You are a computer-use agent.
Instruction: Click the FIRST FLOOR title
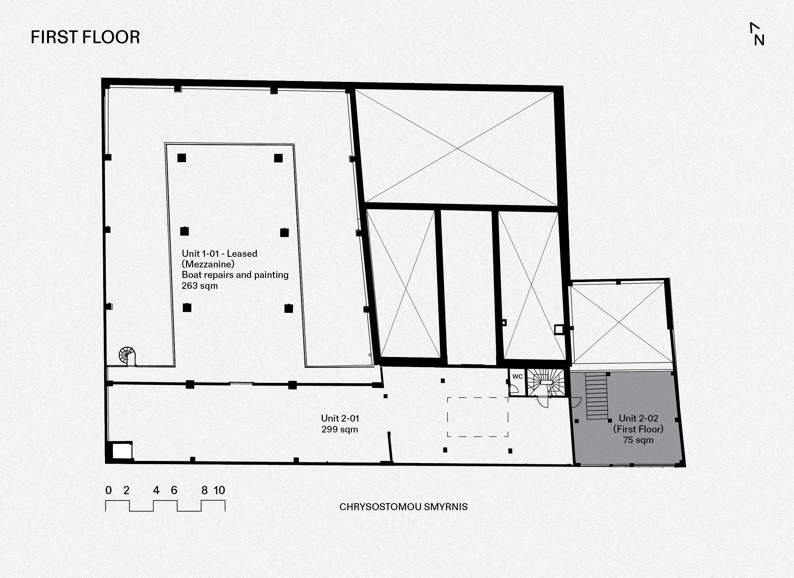[85, 37]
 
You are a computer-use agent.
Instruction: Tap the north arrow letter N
[759, 41]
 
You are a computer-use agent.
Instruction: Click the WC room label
[517, 376]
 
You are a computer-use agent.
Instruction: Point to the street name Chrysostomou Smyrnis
[403, 507]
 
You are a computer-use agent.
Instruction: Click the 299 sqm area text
[340, 429]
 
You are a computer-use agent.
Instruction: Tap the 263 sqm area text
[200, 286]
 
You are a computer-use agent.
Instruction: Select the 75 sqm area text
[638, 440]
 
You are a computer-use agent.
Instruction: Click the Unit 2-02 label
[638, 418]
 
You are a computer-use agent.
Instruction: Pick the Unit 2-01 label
[340, 418]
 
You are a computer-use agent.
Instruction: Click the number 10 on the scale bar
[219, 490]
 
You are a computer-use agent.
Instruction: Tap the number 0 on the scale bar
[109, 490]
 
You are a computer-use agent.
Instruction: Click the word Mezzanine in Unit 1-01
[208, 264]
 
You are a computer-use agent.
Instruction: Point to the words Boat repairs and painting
[235, 275]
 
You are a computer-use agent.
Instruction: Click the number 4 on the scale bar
[156, 490]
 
